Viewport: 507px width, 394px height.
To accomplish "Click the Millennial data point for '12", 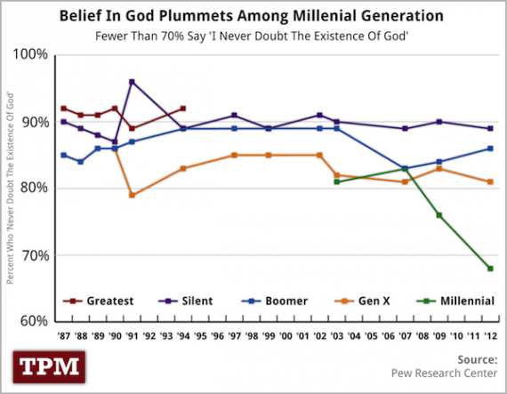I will click(x=490, y=269).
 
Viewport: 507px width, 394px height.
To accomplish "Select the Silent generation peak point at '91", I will click(x=132, y=82).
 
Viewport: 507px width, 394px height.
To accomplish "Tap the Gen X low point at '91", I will click(x=132, y=195).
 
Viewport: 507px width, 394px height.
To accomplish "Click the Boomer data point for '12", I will click(x=490, y=149).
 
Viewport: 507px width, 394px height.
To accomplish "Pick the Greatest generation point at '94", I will click(x=183, y=109).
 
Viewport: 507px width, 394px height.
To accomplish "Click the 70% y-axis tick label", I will click(x=32, y=255).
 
